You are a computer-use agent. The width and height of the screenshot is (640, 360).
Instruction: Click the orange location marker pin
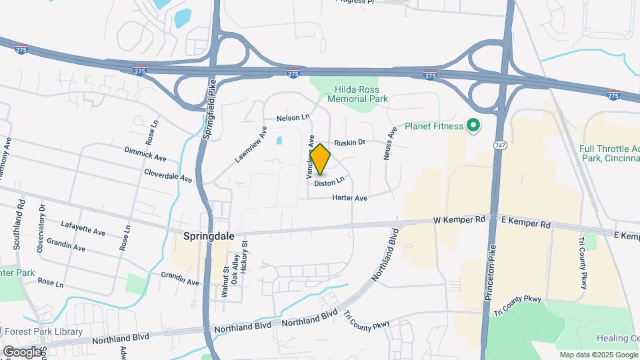coord(321,159)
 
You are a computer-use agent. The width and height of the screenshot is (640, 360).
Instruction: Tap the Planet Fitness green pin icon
coord(474,125)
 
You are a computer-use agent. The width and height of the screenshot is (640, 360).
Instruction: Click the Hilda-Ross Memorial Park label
coord(357,93)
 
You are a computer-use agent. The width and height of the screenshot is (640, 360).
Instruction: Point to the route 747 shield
coord(499,145)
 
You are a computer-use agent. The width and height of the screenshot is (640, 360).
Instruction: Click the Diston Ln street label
coord(329,181)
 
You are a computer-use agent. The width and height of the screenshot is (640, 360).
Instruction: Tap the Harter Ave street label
coord(351,198)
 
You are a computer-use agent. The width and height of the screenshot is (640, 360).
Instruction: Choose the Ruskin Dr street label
coord(350,142)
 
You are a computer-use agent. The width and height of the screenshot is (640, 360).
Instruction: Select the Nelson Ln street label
coord(293,118)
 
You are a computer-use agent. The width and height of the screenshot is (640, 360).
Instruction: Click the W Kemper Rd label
coord(458,220)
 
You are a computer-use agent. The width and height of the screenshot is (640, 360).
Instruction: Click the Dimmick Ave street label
coord(145,155)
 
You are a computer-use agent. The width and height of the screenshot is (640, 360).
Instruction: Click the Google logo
coord(22,351)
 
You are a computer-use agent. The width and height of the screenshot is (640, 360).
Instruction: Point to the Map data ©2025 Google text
coord(598,355)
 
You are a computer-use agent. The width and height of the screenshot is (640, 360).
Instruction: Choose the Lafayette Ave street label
coord(83,228)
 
